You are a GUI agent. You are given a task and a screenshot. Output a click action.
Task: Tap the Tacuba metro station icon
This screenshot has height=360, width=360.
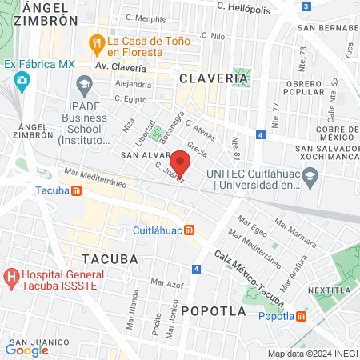(76, 191)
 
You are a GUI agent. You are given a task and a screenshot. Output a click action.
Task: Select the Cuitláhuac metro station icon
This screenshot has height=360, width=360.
(189, 230)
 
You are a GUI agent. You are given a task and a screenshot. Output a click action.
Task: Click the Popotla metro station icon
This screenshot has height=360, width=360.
(301, 316)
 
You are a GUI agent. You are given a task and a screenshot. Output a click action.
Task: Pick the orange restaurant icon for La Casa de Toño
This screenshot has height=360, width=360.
(96, 42)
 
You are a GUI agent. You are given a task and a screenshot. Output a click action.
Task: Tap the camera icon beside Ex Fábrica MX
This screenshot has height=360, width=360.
(22, 79)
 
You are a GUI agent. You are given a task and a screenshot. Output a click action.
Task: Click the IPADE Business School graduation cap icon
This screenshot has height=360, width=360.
(83, 83)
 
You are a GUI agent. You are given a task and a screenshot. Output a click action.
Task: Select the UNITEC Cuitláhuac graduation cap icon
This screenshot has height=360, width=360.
(194, 173)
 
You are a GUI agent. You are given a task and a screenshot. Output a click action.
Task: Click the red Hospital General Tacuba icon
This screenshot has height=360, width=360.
(12, 278)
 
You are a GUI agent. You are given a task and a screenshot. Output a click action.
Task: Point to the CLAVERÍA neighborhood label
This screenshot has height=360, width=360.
(214, 78)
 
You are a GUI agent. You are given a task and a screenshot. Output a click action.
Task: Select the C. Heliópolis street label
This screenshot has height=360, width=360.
(250, 6)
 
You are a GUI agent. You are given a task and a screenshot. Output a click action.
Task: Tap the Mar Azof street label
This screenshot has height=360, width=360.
(166, 284)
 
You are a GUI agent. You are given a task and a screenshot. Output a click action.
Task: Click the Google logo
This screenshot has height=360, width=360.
(27, 350)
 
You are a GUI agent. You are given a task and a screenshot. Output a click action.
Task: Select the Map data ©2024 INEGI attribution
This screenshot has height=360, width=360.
(311, 354)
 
